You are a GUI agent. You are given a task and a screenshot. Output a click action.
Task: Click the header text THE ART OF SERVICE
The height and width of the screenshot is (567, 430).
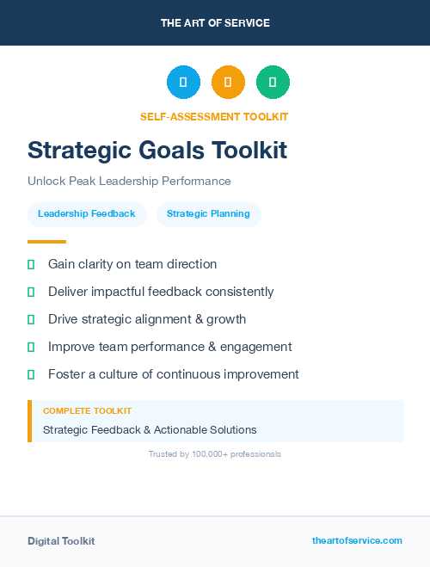215,23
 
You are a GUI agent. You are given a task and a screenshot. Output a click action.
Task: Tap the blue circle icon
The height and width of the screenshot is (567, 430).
183,83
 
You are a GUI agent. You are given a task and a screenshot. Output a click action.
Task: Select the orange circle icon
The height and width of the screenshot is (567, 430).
228,83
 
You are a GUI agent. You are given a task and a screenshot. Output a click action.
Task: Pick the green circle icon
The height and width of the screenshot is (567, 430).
273,83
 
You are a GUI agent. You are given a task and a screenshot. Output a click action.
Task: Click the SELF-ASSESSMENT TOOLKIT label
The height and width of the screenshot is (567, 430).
214,117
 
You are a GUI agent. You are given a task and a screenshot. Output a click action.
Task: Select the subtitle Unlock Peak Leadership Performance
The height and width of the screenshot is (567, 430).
129,182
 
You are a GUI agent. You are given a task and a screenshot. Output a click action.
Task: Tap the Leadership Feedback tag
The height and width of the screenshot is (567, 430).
87,213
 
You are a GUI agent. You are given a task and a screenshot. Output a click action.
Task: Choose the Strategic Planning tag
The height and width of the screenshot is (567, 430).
208,213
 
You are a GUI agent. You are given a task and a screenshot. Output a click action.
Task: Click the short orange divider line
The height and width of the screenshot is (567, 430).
46,242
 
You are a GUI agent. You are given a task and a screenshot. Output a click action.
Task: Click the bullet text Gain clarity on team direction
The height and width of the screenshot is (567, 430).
132,264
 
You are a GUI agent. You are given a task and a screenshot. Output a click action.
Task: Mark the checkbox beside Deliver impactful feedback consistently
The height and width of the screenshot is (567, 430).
31,292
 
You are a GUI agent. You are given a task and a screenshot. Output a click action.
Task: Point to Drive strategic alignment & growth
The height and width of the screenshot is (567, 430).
147,319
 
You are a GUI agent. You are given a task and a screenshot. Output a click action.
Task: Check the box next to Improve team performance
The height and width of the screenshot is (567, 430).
31,347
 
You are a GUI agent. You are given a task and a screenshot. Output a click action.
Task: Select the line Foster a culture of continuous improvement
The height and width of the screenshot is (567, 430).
174,374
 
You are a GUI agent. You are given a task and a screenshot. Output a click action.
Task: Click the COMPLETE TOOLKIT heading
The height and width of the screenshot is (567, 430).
87,411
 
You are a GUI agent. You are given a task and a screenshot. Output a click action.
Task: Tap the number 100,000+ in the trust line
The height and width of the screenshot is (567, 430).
215,453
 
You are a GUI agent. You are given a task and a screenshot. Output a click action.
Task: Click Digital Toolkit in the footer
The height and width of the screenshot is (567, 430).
61,541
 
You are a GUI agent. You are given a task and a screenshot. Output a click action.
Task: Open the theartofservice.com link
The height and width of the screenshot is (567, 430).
357,540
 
